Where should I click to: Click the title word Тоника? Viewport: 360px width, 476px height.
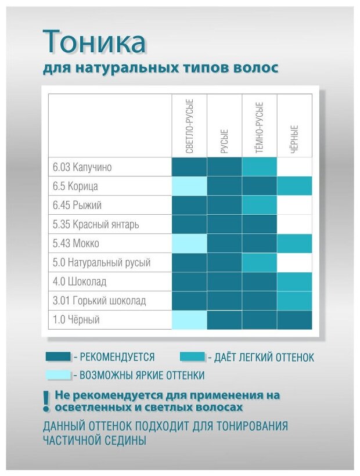point(95,42)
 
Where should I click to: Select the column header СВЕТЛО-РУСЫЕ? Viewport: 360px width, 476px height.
point(189,126)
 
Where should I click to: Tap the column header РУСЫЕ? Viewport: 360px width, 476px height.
point(224,141)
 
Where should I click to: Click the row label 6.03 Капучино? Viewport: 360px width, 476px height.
point(81,167)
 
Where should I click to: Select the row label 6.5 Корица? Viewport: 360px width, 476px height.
point(75,186)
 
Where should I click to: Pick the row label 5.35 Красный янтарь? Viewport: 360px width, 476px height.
point(96,224)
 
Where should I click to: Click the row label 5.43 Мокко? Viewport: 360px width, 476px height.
point(76,243)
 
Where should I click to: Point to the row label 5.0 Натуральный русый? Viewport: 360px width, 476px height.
point(102,262)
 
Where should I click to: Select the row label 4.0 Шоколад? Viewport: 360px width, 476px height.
point(80,282)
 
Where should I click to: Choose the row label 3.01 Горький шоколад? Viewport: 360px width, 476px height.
point(99,301)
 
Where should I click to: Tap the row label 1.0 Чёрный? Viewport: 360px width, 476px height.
point(76,320)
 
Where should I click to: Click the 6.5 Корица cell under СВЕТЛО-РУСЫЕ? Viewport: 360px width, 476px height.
point(189,186)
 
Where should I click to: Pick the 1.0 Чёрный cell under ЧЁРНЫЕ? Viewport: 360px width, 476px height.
point(294,320)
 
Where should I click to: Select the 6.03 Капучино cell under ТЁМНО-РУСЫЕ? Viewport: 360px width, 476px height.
point(260,167)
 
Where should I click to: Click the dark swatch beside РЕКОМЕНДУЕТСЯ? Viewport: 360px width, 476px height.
point(58,356)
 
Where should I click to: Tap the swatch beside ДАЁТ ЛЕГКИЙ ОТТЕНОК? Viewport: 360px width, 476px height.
point(193,356)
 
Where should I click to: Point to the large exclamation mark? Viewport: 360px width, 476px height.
point(47,400)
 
